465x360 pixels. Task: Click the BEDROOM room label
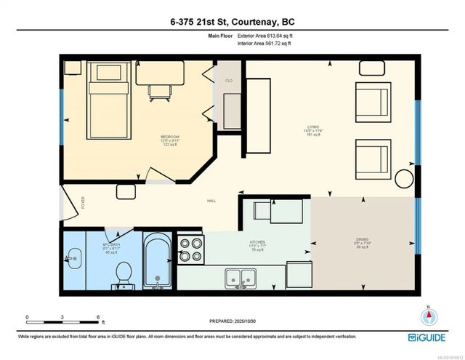[169, 136]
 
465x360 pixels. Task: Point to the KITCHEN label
[258, 242]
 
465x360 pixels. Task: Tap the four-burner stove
[192, 251]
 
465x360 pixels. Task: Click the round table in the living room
[403, 177]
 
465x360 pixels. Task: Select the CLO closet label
[228, 81]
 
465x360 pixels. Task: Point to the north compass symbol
[429, 316]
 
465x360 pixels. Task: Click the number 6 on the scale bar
[98, 317]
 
